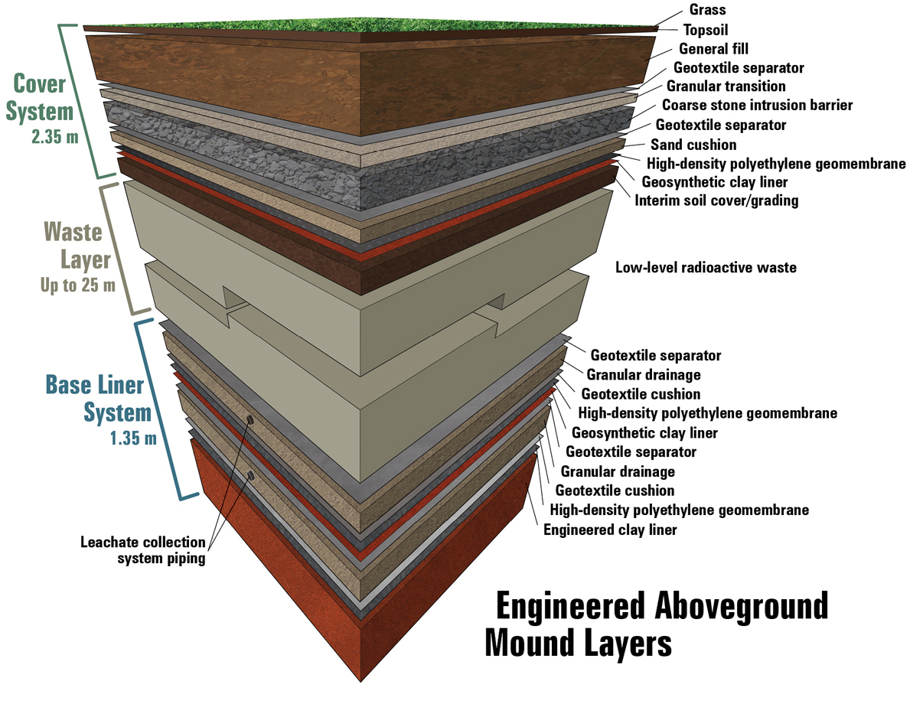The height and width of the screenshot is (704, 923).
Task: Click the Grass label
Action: [707, 11]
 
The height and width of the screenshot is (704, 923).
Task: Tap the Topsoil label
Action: [711, 31]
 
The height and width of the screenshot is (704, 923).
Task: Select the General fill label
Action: [713, 50]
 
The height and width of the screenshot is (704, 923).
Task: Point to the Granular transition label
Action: [726, 86]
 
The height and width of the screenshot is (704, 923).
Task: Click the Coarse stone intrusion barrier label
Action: [757, 106]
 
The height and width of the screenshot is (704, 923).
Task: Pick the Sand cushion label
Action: [693, 145]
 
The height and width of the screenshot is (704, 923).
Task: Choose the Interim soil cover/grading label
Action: [716, 201]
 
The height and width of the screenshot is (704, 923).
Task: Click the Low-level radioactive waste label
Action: [706, 268]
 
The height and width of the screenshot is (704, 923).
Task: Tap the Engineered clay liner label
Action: [610, 530]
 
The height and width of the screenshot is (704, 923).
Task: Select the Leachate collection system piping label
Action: [143, 550]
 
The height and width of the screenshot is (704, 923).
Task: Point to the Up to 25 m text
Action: [77, 286]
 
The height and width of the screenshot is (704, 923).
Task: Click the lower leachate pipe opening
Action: [250, 476]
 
